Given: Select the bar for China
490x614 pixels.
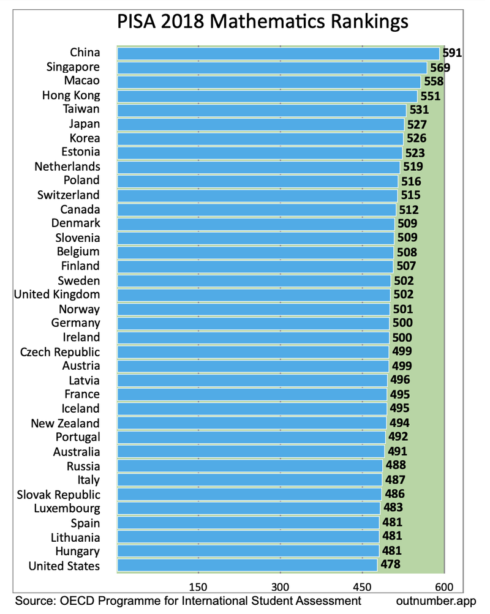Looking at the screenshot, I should click(x=278, y=53).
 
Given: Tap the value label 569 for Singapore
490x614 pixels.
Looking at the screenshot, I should click(x=439, y=67).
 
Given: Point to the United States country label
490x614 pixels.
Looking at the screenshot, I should click(x=64, y=566).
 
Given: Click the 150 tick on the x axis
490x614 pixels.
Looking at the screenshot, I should click(x=198, y=584).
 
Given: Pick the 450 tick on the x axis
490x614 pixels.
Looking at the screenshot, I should click(x=362, y=584).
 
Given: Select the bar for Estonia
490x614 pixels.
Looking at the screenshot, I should click(x=260, y=152).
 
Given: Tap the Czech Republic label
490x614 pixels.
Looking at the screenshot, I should click(x=60, y=352).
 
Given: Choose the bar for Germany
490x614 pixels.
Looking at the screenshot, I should click(x=253, y=323).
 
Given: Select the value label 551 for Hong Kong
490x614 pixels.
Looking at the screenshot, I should click(x=429, y=96).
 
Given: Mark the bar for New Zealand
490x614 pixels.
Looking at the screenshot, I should click(x=252, y=423).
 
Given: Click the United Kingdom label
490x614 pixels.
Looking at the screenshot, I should click(x=57, y=295).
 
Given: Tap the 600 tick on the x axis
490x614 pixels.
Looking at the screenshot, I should click(x=444, y=584).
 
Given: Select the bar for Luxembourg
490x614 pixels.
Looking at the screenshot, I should click(x=248, y=508).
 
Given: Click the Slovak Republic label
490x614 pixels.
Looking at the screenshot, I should click(x=59, y=495).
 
